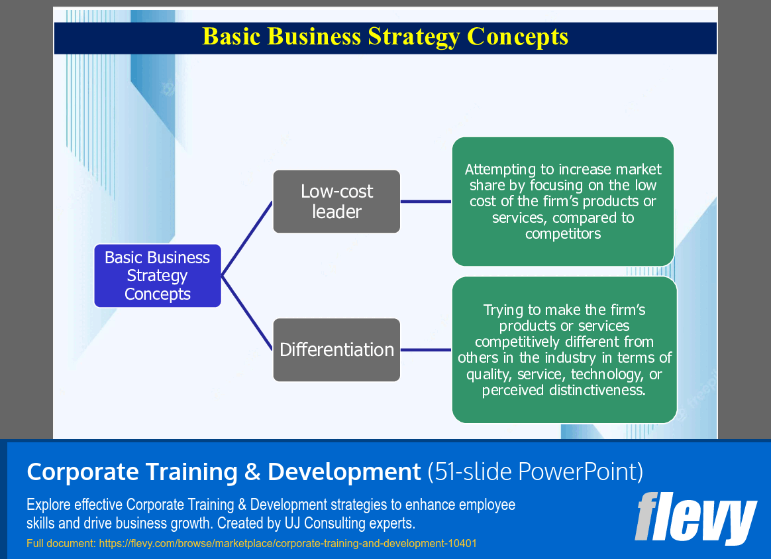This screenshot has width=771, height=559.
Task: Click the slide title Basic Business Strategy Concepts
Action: click(x=385, y=36)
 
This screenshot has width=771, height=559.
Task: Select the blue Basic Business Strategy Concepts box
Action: click(x=158, y=276)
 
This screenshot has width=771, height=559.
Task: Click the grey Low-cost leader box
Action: click(x=336, y=202)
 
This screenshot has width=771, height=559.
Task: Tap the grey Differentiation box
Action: click(x=336, y=349)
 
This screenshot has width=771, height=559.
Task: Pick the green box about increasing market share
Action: click(x=562, y=201)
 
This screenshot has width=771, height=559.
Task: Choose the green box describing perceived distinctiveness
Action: click(x=564, y=349)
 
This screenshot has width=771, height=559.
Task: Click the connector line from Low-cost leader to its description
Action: click(x=426, y=202)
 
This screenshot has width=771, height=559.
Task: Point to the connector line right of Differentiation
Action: click(x=426, y=349)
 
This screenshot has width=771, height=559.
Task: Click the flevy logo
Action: click(x=695, y=519)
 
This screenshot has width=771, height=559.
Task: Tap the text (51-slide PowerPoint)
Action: click(x=535, y=471)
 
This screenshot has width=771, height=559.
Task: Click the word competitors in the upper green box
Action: click(x=563, y=234)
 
